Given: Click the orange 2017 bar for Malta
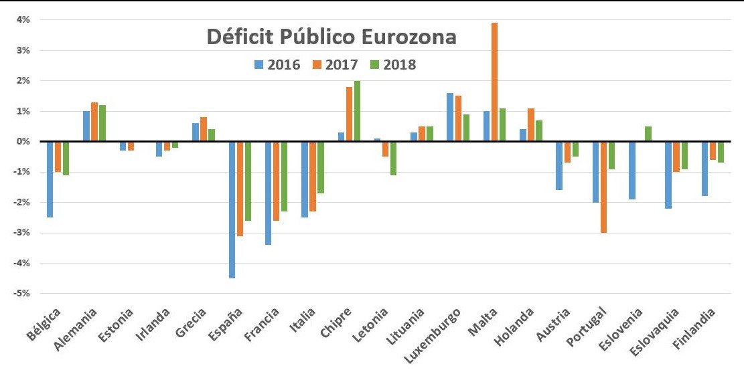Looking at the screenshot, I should tap(494, 82).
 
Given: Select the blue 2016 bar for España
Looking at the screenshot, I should tap(232, 209).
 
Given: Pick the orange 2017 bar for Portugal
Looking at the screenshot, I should tap(603, 187).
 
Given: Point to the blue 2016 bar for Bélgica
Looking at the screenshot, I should tap(50, 179).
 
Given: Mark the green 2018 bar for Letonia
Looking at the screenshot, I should tap(394, 158).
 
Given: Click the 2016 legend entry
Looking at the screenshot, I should tap(277, 65).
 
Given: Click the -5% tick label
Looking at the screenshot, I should tap(22, 294).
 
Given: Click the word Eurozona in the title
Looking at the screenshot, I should tap(409, 37).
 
